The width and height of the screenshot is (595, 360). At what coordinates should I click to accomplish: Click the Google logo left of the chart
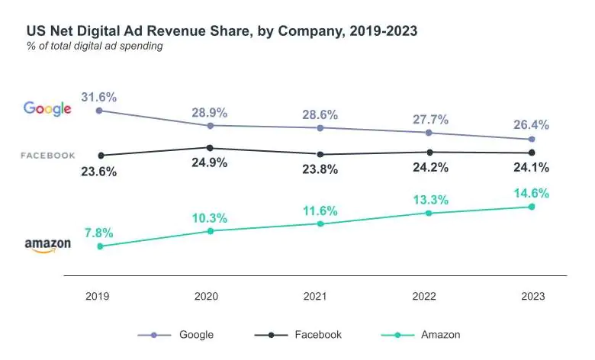pos(47,108)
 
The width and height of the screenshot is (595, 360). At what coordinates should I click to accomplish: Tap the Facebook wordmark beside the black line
pos(47,156)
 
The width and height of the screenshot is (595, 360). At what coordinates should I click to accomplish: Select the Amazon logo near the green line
pos(47,245)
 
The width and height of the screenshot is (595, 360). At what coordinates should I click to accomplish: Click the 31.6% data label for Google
pos(98,97)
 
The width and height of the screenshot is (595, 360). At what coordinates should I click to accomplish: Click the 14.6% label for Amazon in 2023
pos(531,193)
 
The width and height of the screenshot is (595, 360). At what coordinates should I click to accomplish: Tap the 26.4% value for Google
pos(531,125)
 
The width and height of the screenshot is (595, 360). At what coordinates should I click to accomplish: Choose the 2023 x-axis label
pos(532,297)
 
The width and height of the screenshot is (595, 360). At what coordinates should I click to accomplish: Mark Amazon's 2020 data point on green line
pos(210,230)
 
